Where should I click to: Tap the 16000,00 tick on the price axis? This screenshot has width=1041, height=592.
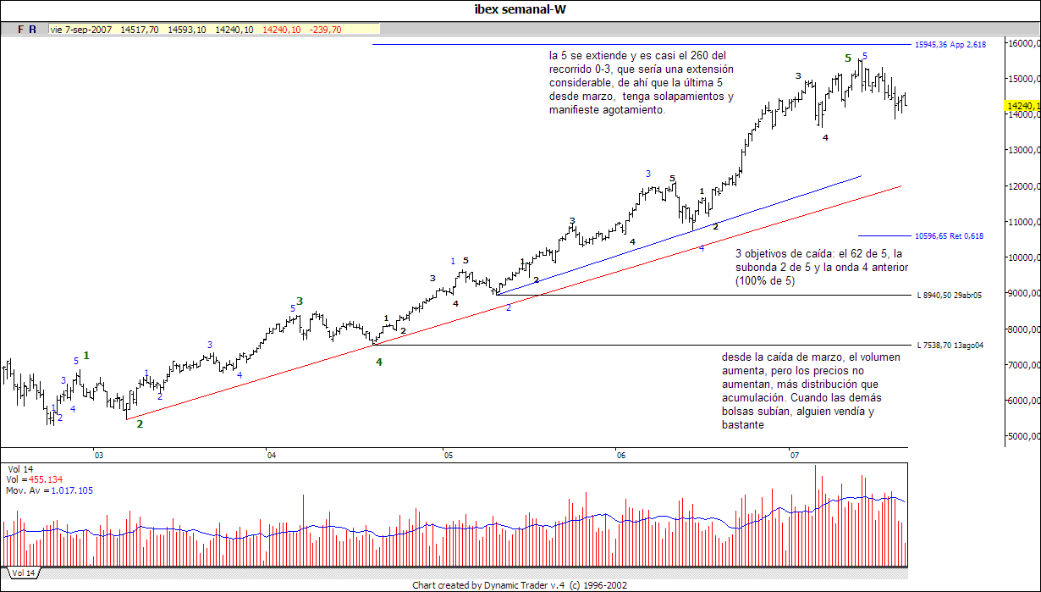click(1022, 43)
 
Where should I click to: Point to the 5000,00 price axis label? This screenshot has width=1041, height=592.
click(1022, 437)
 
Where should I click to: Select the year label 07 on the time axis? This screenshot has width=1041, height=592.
click(795, 456)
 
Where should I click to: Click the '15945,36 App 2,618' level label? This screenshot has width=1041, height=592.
click(950, 44)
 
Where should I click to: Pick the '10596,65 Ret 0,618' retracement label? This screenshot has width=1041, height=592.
click(949, 236)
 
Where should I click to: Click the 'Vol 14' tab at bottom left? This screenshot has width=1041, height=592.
click(24, 573)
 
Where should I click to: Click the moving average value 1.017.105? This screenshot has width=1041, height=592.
click(72, 490)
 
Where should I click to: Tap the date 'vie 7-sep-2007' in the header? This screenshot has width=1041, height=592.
click(81, 30)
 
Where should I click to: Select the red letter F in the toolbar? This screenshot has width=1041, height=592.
click(20, 30)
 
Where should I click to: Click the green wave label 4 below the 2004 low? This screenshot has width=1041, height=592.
click(379, 362)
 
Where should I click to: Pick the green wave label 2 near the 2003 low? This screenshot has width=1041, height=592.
click(140, 423)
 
